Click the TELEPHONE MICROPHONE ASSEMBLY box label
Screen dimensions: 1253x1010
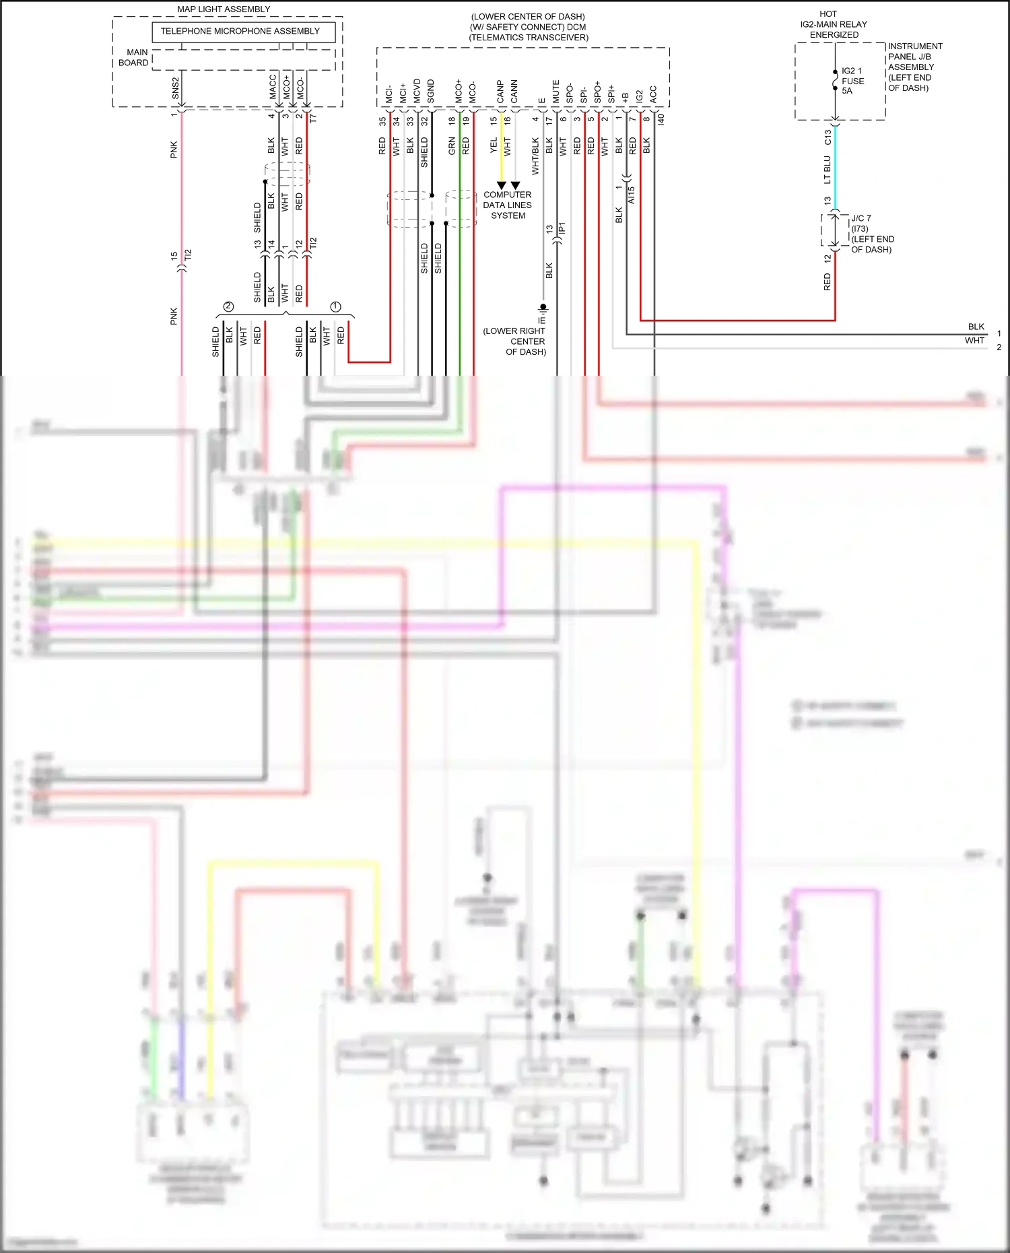pyautogui.click(x=240, y=32)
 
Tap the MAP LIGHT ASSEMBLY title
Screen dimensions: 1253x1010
pyautogui.click(x=224, y=9)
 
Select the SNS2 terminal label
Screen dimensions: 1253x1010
pyautogui.click(x=176, y=88)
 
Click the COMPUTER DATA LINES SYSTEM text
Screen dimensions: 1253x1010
pyautogui.click(x=507, y=205)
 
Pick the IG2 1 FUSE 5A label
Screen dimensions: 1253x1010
pyautogui.click(x=852, y=81)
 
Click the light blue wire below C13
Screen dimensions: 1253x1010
pyautogui.click(x=835, y=168)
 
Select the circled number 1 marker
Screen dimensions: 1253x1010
pyautogui.click(x=335, y=307)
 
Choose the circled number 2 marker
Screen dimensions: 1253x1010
pyautogui.click(x=228, y=307)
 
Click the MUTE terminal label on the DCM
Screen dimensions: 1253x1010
pyautogui.click(x=555, y=92)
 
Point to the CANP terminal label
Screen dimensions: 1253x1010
pyautogui.click(x=500, y=92)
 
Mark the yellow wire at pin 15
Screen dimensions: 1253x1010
pyautogui.click(x=501, y=148)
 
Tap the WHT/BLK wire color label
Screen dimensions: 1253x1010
pyautogui.click(x=535, y=156)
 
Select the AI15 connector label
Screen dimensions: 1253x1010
pyautogui.click(x=632, y=195)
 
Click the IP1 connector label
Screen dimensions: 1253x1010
pyautogui.click(x=562, y=228)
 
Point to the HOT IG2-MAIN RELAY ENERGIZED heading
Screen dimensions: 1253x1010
pyautogui.click(x=833, y=24)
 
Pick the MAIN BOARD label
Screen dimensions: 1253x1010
pyautogui.click(x=133, y=57)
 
